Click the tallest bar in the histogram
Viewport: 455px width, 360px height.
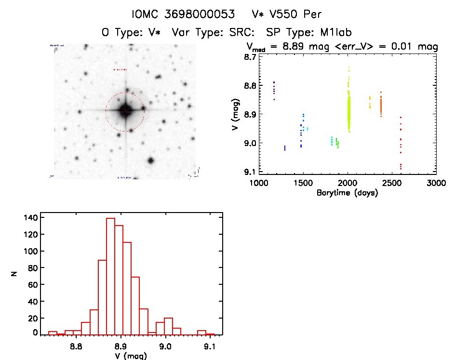tap(110, 276)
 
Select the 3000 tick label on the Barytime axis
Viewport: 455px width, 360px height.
tap(435, 184)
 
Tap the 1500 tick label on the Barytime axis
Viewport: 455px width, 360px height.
tap(303, 184)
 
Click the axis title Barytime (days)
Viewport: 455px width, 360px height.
tap(347, 193)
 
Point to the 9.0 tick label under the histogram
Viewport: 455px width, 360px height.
tap(165, 346)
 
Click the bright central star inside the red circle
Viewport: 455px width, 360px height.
tap(125, 111)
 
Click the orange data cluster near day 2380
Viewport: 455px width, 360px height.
tap(381, 105)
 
